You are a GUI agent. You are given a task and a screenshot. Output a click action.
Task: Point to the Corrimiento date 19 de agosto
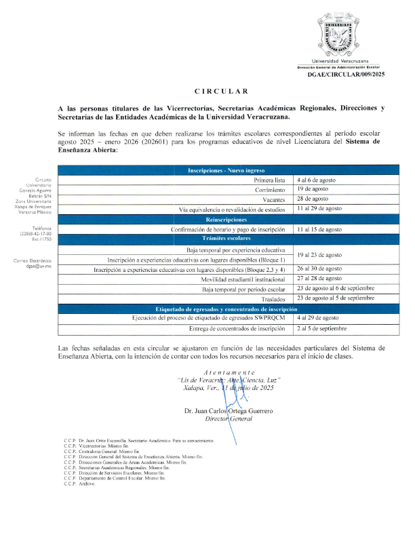315,191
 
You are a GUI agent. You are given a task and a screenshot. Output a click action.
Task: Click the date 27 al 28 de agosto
319,279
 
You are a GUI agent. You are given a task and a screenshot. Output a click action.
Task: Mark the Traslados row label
277,299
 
